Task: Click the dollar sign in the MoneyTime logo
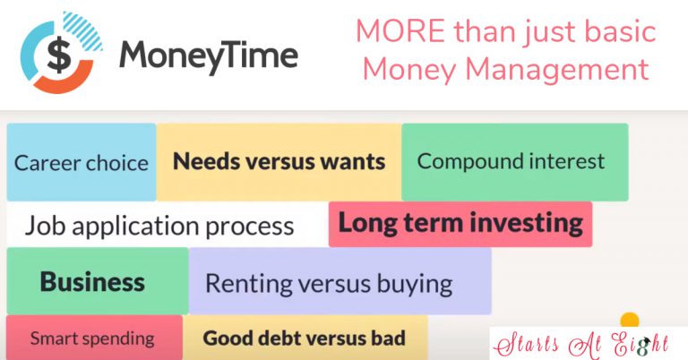59,54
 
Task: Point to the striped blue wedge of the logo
83,30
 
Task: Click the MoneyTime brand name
209,56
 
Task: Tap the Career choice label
82,163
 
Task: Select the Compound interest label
511,161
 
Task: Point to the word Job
46,226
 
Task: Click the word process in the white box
249,227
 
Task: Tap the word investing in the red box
527,223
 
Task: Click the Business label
92,281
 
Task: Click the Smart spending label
92,339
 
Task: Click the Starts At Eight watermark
581,344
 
